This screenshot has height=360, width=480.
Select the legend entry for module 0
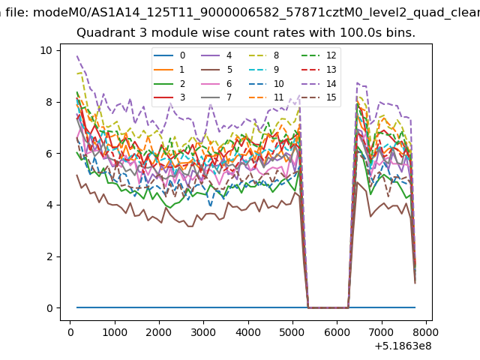[169, 55]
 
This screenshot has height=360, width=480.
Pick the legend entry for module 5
[217, 70]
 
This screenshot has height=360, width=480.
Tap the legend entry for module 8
[264, 55]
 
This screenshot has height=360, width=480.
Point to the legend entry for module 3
[169, 97]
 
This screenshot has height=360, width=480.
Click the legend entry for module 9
[264, 70]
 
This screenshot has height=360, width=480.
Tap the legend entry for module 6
[217, 83]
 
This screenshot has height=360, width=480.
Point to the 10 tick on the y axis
[58, 50]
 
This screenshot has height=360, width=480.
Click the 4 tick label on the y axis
[50, 205]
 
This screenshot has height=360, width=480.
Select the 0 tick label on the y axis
[50, 308]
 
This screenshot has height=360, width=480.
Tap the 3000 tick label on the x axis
[204, 332]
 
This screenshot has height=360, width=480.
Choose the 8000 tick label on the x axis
[426, 332]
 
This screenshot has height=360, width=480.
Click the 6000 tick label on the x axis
[337, 332]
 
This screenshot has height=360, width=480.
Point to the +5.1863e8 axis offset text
[403, 346]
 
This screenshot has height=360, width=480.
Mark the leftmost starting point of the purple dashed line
[76, 56]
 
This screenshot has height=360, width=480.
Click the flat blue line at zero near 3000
[204, 307]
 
